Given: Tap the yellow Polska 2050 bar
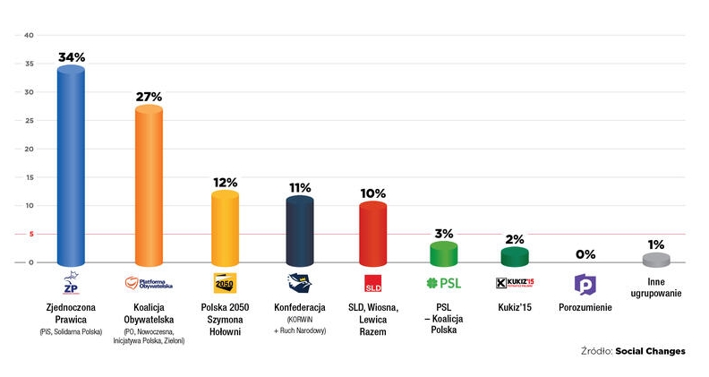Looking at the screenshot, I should coord(225,228).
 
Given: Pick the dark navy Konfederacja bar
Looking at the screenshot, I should coord(299,231).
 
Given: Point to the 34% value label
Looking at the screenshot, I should coord(72,56).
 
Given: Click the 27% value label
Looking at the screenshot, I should coord(148,96).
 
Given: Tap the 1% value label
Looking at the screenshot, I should coord(656,244).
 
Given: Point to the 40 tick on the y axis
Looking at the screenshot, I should coord(29,36).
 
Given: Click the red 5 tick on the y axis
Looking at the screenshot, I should coord(30,235).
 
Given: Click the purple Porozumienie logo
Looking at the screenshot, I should coord(584,284).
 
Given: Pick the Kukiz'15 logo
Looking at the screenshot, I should coord(514,284).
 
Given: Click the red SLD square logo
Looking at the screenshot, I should coord(372,285).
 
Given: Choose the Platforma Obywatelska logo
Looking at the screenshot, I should coord(148,284).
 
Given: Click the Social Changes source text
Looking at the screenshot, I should coord(655,351).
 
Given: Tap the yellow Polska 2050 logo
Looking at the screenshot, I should coord(225,284).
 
